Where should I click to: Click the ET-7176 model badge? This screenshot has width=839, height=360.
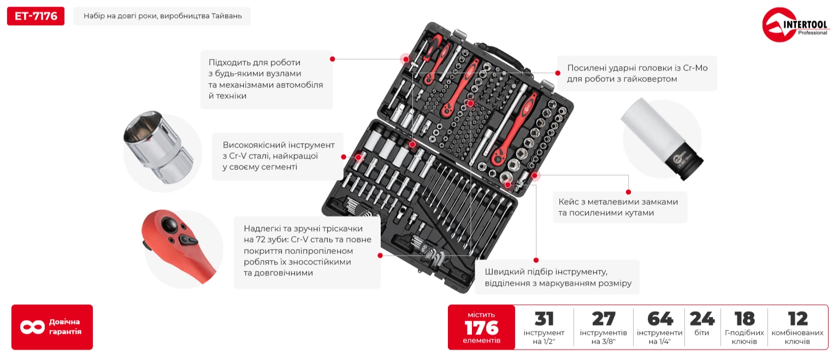tap(36, 16)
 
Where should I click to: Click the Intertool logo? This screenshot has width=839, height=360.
tap(795, 25)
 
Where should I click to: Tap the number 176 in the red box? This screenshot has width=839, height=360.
tap(481, 328)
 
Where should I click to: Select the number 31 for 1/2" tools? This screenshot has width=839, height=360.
tap(544, 319)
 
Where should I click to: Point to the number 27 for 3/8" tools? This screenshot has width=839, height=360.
tap(603, 319)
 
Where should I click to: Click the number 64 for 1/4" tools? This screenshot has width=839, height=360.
tap(660, 319)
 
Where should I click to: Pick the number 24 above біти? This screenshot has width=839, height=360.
tap(702, 319)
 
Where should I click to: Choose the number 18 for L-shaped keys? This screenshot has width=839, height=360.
tap(745, 319)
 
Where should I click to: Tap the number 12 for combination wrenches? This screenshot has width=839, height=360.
tap(797, 319)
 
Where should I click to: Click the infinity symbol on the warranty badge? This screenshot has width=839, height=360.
tap(33, 327)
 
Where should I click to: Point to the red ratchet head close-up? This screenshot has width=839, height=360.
tap(178, 245)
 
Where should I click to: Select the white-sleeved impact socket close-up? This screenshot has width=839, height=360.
tap(662, 138)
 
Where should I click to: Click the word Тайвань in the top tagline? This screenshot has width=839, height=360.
tap(227, 16)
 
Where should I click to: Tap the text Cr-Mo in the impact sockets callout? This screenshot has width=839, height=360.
tap(695, 68)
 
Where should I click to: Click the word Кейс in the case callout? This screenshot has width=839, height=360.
tap(569, 202)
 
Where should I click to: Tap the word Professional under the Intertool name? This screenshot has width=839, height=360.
tap(812, 33)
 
